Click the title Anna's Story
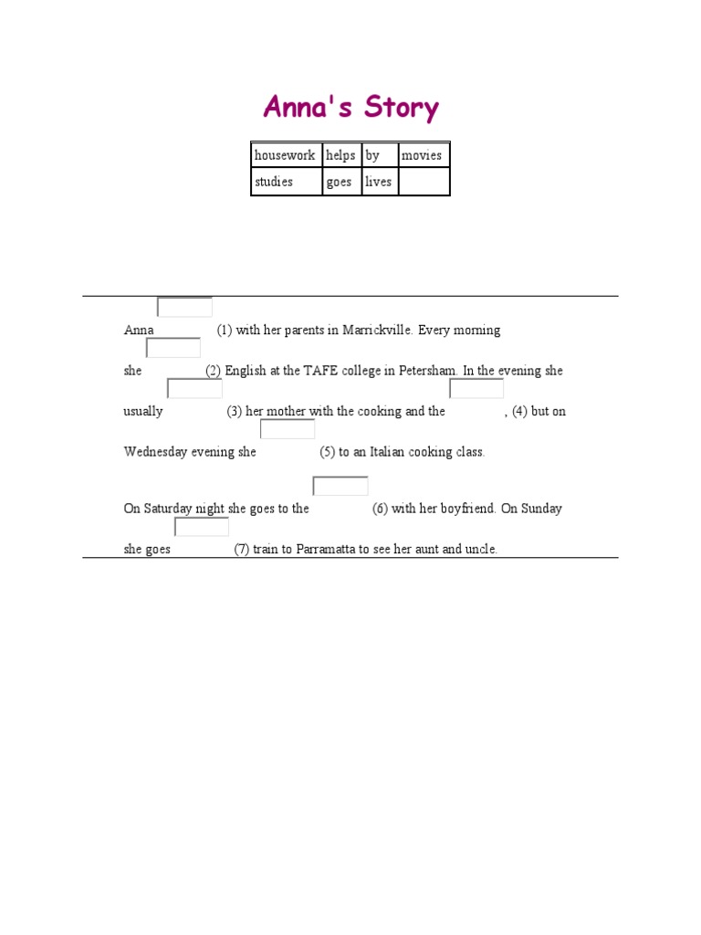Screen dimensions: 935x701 click(350, 108)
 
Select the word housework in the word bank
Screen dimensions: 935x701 click(285, 155)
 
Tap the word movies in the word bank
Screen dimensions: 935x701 click(422, 155)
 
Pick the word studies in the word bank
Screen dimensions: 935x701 click(274, 182)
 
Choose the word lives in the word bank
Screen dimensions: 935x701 click(378, 182)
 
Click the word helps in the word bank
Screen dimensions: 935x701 click(340, 155)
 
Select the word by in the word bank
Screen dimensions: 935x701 click(372, 155)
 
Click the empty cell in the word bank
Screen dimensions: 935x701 click(424, 182)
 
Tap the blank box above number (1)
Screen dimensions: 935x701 click(184, 307)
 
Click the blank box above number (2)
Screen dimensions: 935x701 click(173, 348)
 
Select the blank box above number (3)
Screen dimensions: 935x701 click(194, 389)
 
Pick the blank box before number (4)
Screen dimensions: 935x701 click(476, 389)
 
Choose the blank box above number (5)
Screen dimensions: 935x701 click(288, 429)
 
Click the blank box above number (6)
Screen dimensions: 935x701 click(340, 486)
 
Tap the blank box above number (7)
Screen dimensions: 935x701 click(202, 527)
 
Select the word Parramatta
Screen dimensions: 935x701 click(326, 550)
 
